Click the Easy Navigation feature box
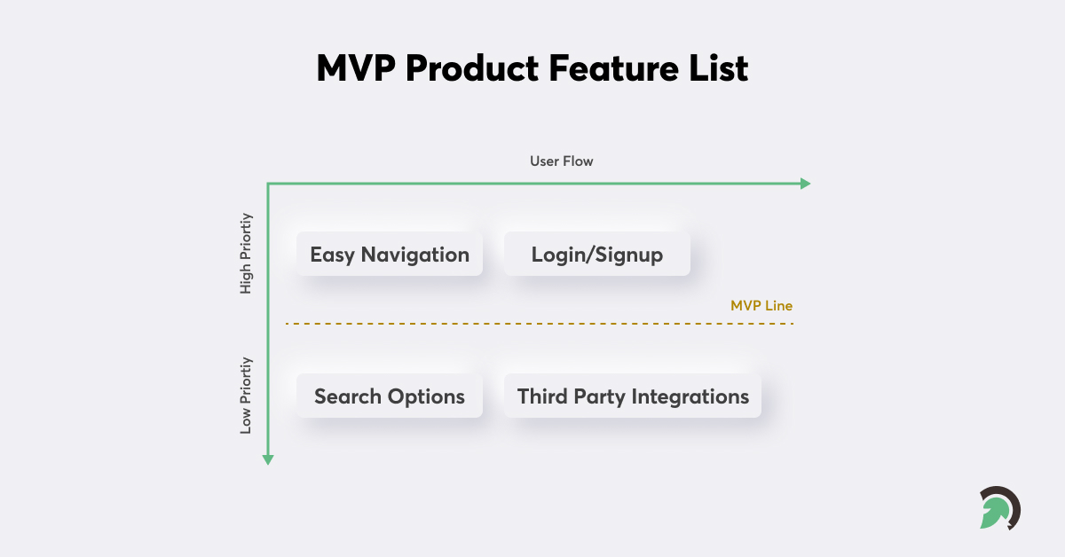tap(390, 255)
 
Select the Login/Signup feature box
tap(596, 255)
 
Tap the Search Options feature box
tap(390, 396)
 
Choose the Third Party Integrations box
tap(633, 396)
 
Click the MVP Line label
tap(761, 305)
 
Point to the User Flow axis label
tap(562, 161)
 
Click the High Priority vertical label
tap(247, 254)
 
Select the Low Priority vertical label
tap(247, 396)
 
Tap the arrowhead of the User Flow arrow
tap(806, 184)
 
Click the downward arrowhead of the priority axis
tap(268, 459)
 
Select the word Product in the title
tap(476, 68)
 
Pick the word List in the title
tap(718, 68)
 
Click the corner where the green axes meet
tap(268, 184)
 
